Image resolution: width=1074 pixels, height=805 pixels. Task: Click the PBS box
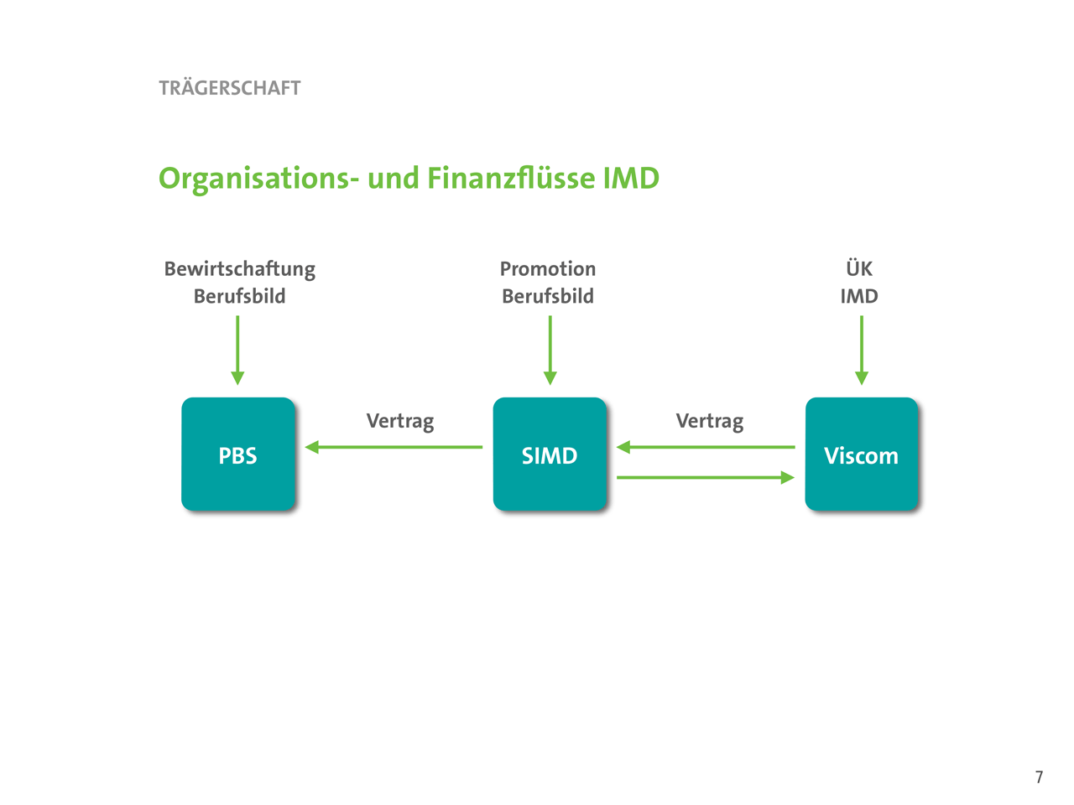click(238, 454)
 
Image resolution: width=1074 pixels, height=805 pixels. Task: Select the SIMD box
click(550, 454)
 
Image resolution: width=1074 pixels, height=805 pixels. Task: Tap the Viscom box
click(862, 454)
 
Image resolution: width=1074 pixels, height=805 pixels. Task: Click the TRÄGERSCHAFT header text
click(229, 88)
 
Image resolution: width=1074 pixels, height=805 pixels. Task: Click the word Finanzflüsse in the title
click(511, 179)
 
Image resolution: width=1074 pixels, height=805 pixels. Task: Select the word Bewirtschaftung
click(240, 269)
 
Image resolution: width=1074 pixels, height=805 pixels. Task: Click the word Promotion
click(548, 269)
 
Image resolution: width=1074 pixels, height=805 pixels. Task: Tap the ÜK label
click(859, 268)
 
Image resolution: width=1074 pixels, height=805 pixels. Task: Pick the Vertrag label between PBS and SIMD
click(400, 421)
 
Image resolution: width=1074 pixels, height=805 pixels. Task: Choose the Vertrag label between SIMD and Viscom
click(710, 421)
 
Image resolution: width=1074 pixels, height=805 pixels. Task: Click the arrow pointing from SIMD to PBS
click(394, 447)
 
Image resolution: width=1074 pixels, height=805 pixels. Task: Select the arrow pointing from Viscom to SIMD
click(706, 447)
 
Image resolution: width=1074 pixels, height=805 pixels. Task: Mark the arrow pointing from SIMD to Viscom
click(706, 477)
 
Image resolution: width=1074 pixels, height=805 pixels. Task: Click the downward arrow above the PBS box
click(237, 350)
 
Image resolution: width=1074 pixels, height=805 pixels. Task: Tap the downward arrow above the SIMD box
click(550, 350)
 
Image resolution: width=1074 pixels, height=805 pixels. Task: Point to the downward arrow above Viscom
click(862, 350)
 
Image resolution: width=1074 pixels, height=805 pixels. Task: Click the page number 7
click(1039, 777)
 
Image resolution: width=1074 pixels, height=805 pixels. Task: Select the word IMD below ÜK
click(859, 297)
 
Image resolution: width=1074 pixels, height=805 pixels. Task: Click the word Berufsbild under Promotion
click(548, 297)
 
